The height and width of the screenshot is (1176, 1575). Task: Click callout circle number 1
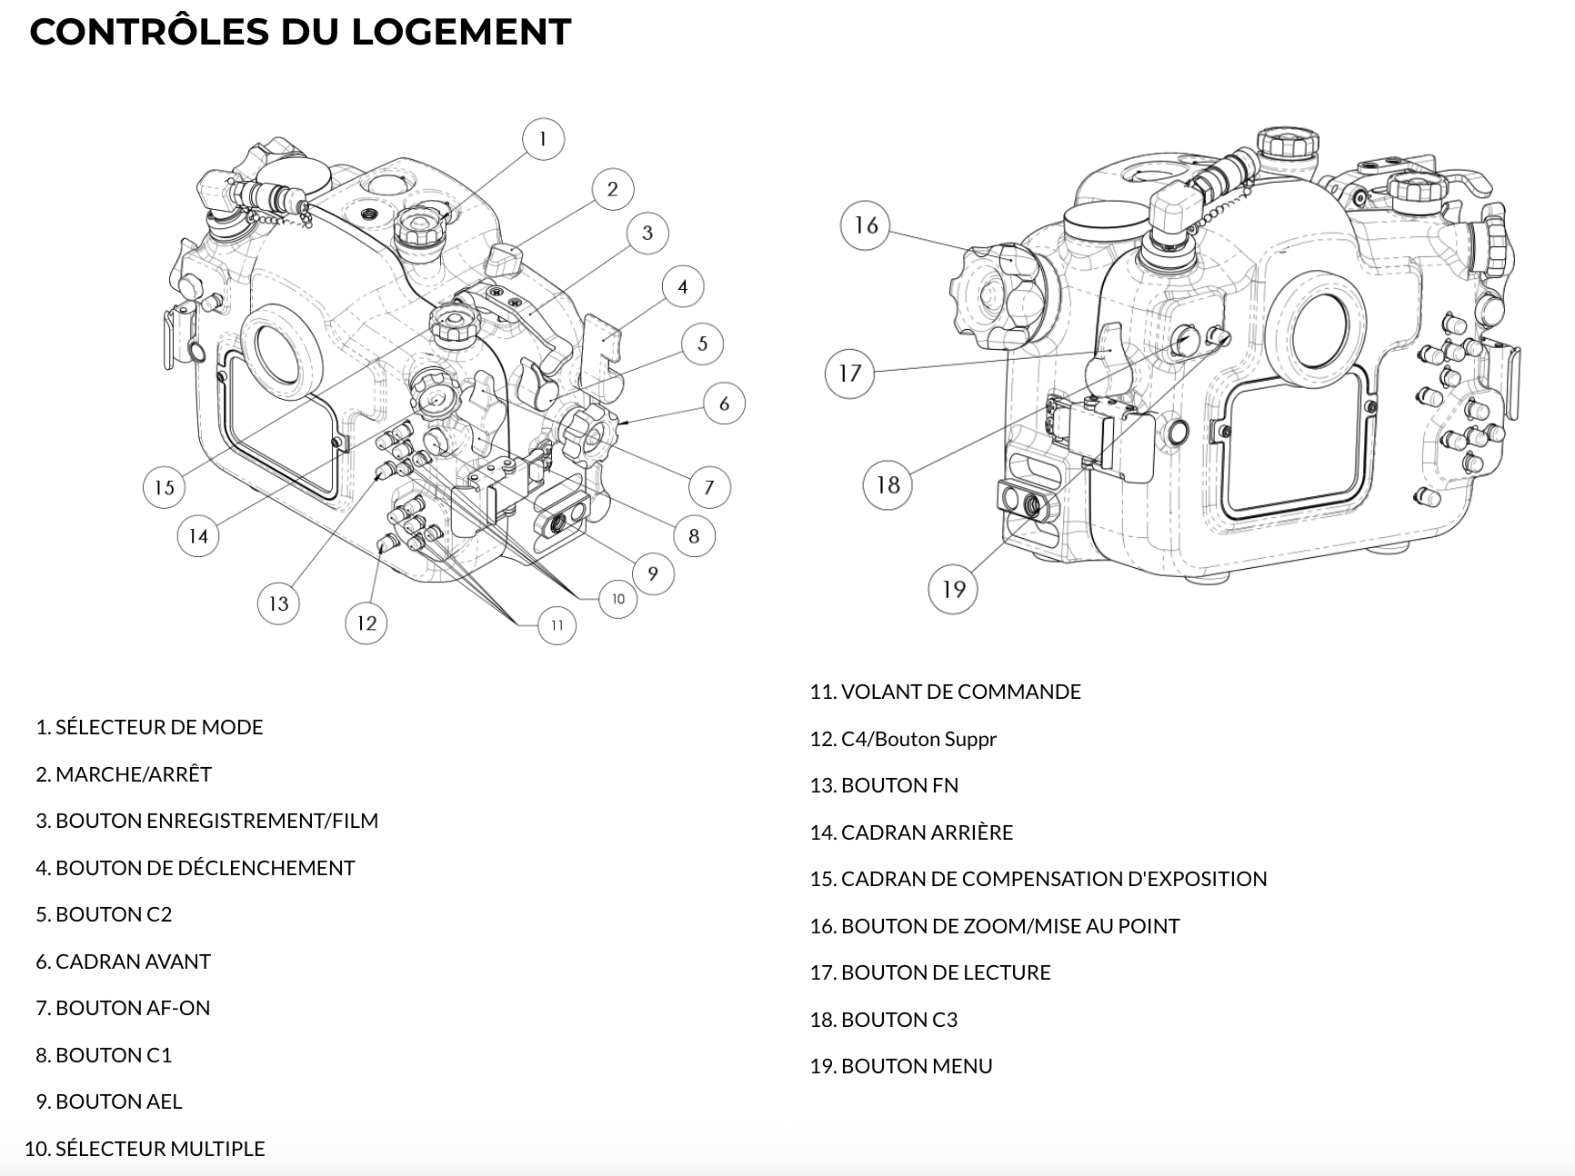click(543, 139)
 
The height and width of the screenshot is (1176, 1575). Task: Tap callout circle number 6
click(724, 404)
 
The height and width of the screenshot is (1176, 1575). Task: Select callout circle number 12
click(366, 623)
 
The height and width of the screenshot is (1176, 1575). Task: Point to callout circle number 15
click(164, 487)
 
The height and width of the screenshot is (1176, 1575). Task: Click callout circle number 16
click(866, 224)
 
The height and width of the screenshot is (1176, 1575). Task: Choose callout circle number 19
click(952, 589)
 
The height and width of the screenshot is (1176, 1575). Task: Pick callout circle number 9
click(652, 573)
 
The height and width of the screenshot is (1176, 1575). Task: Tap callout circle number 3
click(647, 233)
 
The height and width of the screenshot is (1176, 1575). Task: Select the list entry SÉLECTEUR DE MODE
click(158, 727)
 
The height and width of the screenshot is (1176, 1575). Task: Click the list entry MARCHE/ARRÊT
click(133, 774)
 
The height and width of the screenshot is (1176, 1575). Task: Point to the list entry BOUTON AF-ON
click(132, 1008)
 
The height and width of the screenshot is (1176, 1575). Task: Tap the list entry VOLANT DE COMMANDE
click(960, 692)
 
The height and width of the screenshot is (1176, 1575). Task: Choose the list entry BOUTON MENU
click(916, 1066)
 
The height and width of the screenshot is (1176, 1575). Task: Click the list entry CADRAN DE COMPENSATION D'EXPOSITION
click(1053, 879)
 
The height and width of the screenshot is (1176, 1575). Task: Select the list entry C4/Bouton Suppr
click(918, 739)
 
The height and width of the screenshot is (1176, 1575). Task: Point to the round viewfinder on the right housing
click(1316, 328)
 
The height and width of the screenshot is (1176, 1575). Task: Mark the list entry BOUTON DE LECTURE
click(945, 972)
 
